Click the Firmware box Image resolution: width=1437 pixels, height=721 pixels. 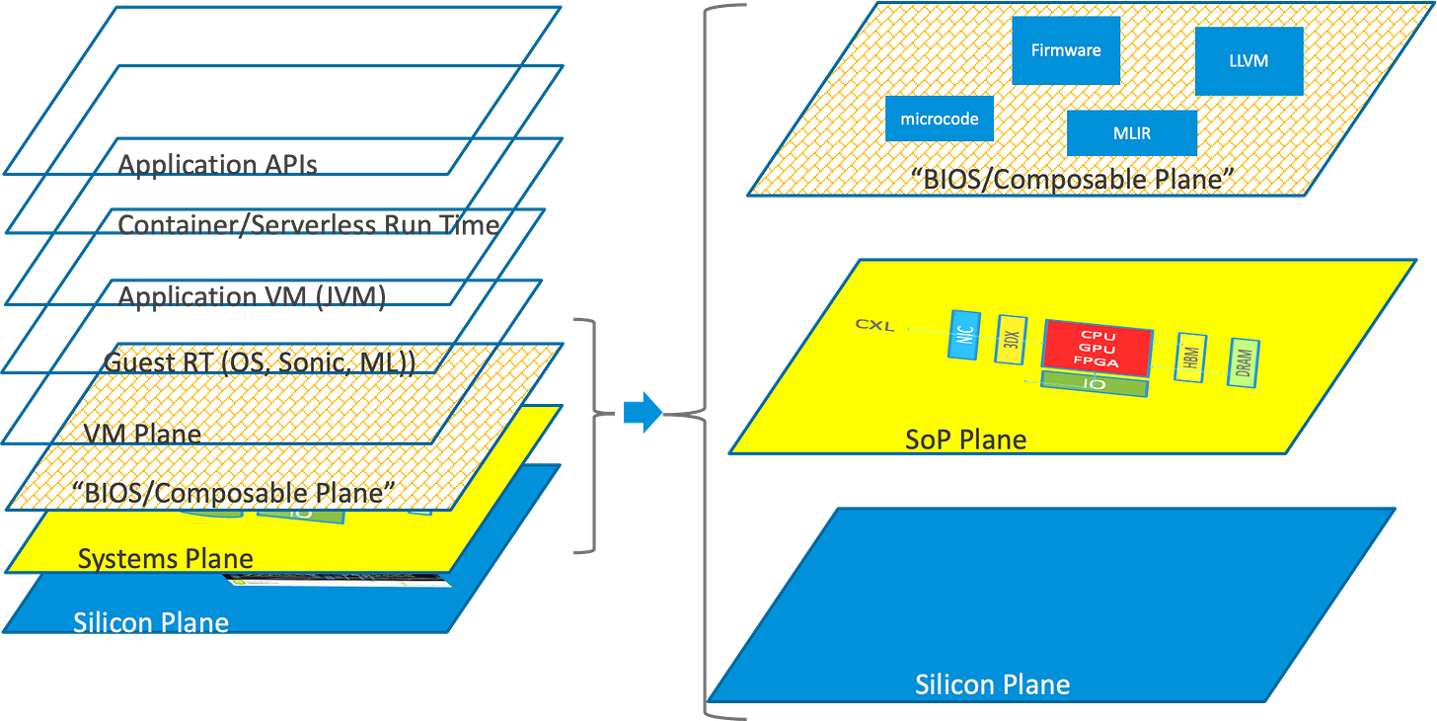pos(1066,50)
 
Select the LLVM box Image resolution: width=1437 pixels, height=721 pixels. pos(1249,60)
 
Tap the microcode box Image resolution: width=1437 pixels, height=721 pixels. pos(940,119)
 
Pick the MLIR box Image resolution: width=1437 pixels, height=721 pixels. pos(1132,132)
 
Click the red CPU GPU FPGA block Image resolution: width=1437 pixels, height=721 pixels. pos(1097,349)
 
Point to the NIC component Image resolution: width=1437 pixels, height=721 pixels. pos(962,335)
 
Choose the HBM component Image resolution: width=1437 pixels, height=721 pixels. pos(1189,358)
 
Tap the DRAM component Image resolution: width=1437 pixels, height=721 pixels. pos(1243,362)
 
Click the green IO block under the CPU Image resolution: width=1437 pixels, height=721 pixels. pos(1095,385)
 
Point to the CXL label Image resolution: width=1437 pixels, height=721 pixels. pos(875,325)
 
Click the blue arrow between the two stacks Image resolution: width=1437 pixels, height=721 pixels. pos(643,410)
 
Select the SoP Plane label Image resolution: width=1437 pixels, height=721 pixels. pos(965,439)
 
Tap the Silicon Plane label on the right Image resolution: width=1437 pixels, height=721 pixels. pos(992,684)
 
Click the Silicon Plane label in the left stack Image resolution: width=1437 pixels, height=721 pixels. pos(151,622)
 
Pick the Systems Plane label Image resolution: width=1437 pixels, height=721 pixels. pos(165,558)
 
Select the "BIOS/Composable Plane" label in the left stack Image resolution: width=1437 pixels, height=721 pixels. pos(226,491)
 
